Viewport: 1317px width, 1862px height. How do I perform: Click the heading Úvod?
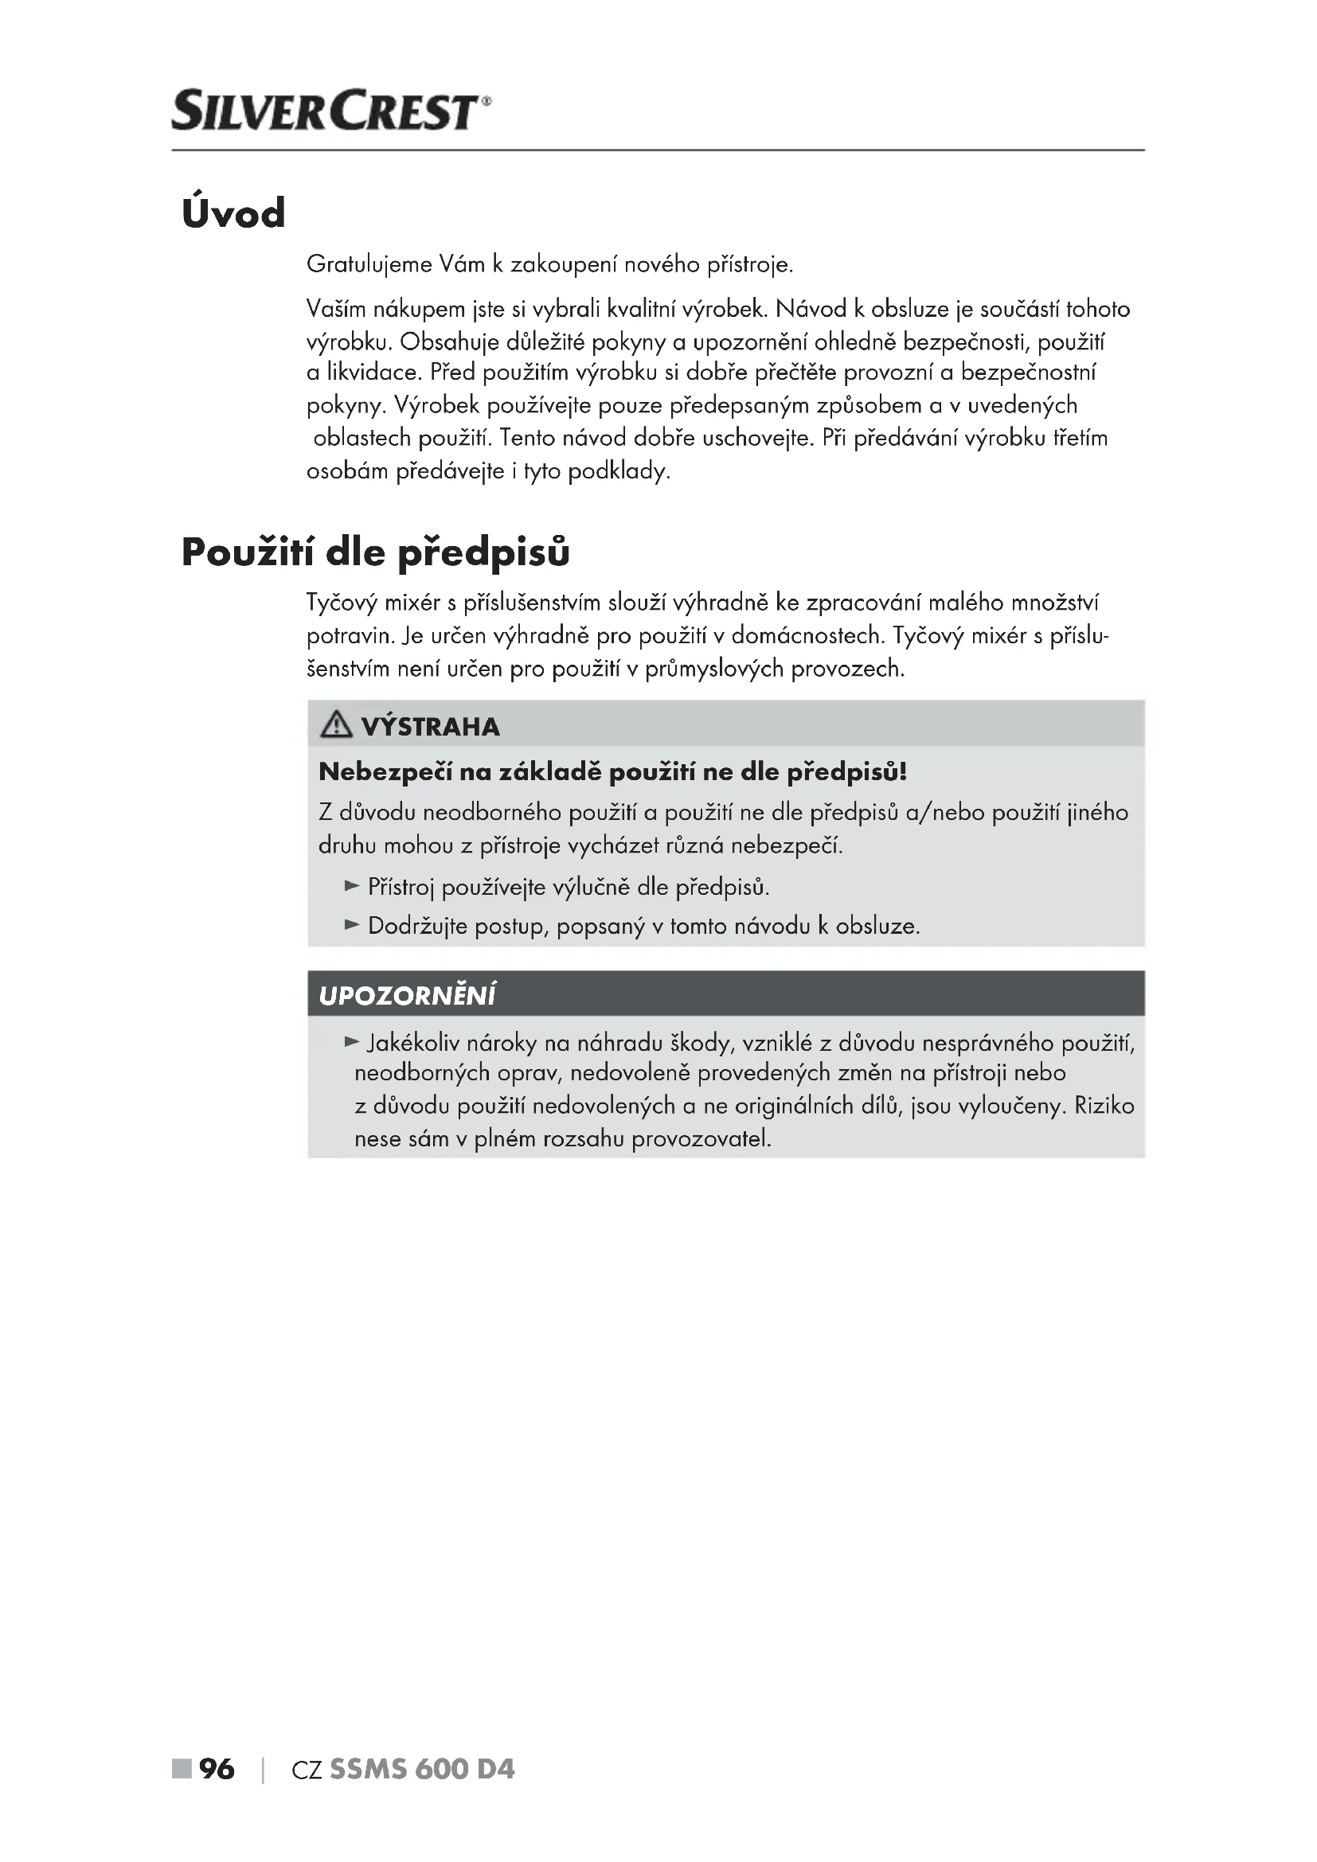(x=233, y=213)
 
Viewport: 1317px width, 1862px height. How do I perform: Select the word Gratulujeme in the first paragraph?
(x=369, y=264)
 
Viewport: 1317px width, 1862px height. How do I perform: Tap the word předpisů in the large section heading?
(x=483, y=553)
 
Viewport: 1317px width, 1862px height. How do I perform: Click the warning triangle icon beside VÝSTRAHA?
(x=336, y=724)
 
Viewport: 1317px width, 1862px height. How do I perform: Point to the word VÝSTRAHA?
(x=431, y=727)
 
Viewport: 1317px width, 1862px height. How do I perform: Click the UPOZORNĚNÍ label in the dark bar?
(x=407, y=996)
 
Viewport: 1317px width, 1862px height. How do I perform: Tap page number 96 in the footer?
(x=217, y=1769)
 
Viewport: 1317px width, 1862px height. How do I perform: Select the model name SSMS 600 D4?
(x=422, y=1769)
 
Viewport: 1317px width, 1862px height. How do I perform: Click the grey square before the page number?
(x=181, y=1769)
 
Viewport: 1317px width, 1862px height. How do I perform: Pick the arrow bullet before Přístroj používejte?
(x=352, y=885)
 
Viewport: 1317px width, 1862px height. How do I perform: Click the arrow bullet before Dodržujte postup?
(x=352, y=924)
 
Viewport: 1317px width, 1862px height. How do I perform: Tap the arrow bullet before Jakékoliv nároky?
(x=352, y=1041)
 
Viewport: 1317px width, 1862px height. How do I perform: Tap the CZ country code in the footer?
(x=307, y=1770)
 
